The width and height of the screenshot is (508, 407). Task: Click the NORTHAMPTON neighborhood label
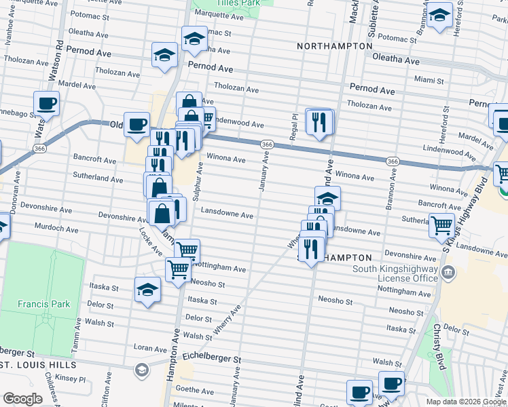pos(335,45)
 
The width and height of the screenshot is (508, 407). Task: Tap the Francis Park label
pos(40,304)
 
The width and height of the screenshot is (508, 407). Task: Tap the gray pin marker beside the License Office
pos(448,273)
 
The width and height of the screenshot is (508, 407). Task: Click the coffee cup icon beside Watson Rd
pos(46,104)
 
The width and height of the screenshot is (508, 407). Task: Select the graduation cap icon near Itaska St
pos(147,290)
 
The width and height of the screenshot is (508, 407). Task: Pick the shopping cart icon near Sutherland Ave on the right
pos(441,225)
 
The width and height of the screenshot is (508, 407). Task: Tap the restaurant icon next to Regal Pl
pos(318,121)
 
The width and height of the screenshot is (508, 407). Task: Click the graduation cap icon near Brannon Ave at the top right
pos(439,15)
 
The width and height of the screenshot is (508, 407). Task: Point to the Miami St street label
pos(429,79)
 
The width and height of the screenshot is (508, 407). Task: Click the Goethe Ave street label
pos(195,390)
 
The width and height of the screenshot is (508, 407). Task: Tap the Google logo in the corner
pos(22,399)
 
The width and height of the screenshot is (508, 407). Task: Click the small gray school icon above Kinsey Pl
pos(141,370)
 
